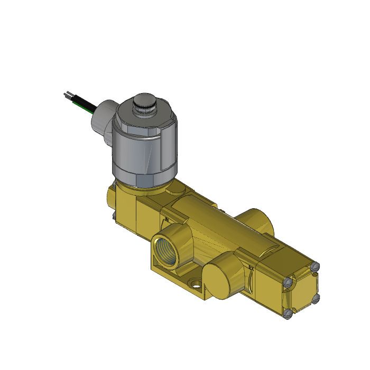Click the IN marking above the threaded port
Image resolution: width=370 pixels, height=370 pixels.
pyautogui.click(x=166, y=218)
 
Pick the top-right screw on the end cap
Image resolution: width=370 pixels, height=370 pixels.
pyautogui.click(x=317, y=267)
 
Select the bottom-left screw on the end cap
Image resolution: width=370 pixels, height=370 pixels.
pyautogui.click(x=289, y=316)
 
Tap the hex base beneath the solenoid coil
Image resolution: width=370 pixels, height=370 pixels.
pyautogui.click(x=143, y=182)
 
